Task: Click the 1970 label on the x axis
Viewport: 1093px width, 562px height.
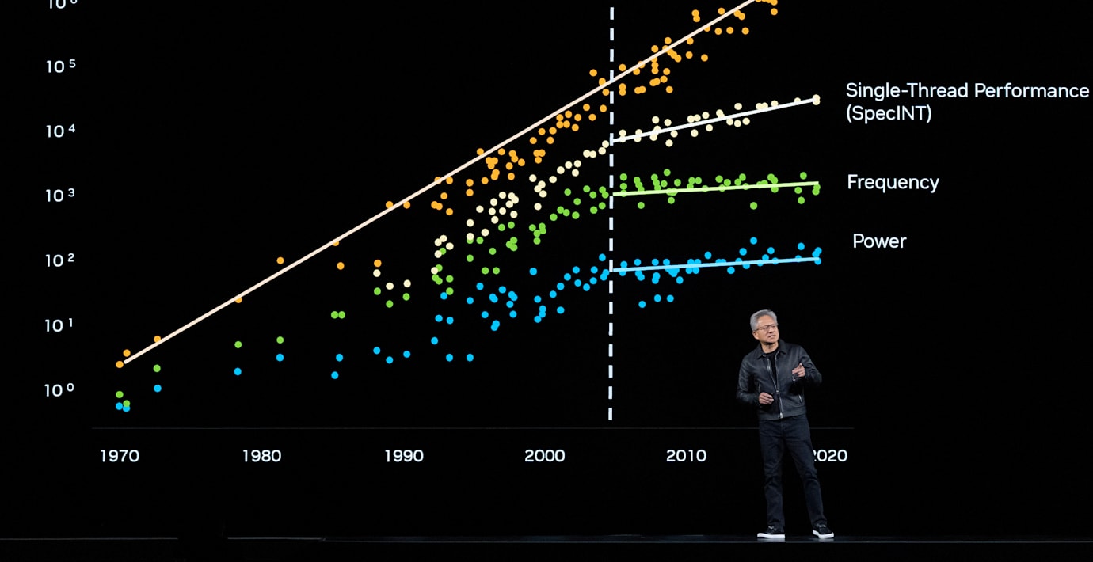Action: tap(120, 456)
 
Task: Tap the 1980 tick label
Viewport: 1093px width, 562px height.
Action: tap(261, 456)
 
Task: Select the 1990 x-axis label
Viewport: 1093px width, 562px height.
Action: tap(404, 456)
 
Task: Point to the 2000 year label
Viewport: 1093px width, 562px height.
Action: tap(545, 456)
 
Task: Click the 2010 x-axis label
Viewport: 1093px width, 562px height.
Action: tap(686, 456)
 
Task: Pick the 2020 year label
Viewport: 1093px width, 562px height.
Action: tap(829, 456)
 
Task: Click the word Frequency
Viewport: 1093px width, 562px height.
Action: tap(893, 183)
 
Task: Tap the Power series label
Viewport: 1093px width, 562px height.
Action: tap(879, 241)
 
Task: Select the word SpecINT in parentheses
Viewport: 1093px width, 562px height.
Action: tap(889, 114)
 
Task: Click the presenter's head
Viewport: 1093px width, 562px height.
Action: tap(764, 326)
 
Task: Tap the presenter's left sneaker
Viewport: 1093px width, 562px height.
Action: tap(823, 531)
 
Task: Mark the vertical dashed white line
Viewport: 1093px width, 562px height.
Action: tap(611, 237)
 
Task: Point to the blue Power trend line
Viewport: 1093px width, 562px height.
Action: tap(713, 264)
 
